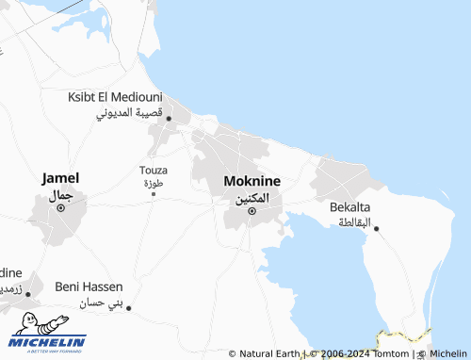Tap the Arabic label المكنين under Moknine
(x=252, y=198)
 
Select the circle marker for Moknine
(x=252, y=211)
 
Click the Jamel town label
(x=60, y=177)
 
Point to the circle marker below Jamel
(x=61, y=207)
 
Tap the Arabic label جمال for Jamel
(x=61, y=194)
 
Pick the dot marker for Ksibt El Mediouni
(x=169, y=118)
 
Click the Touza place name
(x=153, y=170)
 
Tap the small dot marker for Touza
(x=154, y=193)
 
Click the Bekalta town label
(x=350, y=207)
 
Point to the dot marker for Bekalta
(x=376, y=229)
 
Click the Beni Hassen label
(x=89, y=286)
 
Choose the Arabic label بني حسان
(x=102, y=303)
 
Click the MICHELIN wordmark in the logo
(x=49, y=342)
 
